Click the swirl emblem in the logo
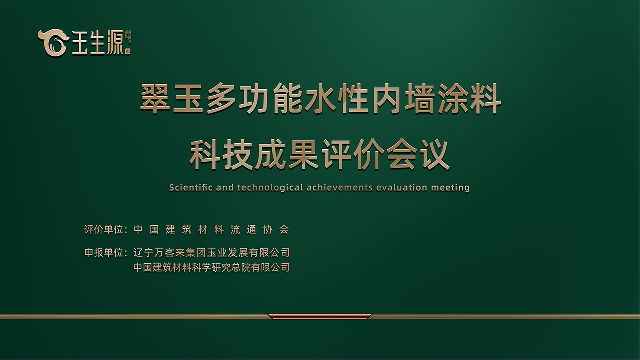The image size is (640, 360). (53, 42)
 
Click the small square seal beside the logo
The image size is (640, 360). (128, 51)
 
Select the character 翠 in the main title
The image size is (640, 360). (154, 98)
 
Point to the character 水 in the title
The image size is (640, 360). (319, 98)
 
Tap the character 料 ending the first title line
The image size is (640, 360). (486, 98)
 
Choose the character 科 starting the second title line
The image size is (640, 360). (204, 155)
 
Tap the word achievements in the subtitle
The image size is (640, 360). (339, 188)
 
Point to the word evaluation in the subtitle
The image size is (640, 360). (402, 188)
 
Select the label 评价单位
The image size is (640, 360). (104, 229)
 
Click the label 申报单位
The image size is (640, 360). (104, 253)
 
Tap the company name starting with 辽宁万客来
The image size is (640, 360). (211, 253)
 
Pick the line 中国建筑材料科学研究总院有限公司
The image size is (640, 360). (211, 267)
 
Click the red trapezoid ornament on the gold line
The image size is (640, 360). (320, 317)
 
